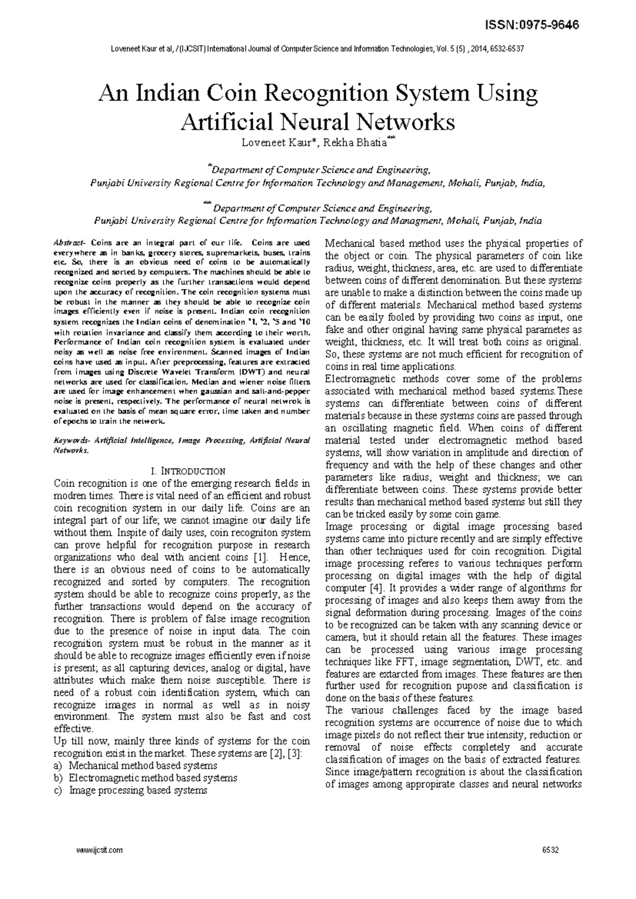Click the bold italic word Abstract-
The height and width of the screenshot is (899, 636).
point(69,243)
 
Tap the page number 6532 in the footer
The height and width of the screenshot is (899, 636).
point(551,850)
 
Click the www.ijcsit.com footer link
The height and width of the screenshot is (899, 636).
point(100,850)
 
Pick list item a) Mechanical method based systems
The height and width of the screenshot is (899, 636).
point(136,765)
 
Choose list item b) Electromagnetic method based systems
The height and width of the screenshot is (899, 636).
point(146,778)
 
